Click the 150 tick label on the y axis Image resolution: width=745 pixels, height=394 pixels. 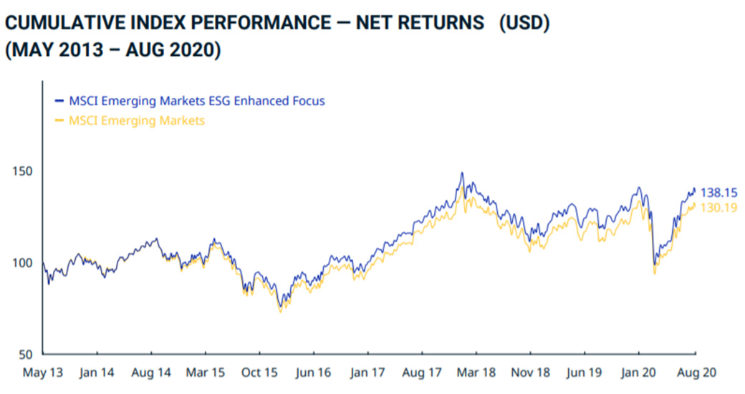point(22,172)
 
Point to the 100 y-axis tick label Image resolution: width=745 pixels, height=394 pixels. point(22,263)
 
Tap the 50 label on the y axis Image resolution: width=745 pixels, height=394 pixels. point(26,354)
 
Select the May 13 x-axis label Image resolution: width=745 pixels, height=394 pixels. point(43,373)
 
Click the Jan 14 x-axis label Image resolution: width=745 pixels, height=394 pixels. point(97,373)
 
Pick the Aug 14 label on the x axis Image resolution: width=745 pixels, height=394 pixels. point(151,373)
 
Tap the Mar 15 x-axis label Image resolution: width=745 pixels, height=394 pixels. point(206,373)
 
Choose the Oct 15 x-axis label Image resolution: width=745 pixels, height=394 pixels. point(259,373)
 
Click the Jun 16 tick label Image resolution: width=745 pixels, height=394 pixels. point(313,373)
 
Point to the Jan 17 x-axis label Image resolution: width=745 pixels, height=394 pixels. point(367,373)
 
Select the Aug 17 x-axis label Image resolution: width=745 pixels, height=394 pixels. point(422,373)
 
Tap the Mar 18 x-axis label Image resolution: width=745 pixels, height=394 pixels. point(476,373)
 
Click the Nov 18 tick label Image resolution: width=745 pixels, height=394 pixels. point(530,373)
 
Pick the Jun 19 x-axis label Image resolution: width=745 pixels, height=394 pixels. point(585,373)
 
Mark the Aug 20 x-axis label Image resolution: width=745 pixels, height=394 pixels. point(696,373)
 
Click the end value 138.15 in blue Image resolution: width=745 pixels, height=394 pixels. point(719,193)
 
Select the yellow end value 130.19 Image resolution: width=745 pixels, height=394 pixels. point(719,208)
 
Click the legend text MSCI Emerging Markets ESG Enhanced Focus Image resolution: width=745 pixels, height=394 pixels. point(197,101)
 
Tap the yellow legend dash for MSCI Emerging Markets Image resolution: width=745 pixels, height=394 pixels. point(59,120)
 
